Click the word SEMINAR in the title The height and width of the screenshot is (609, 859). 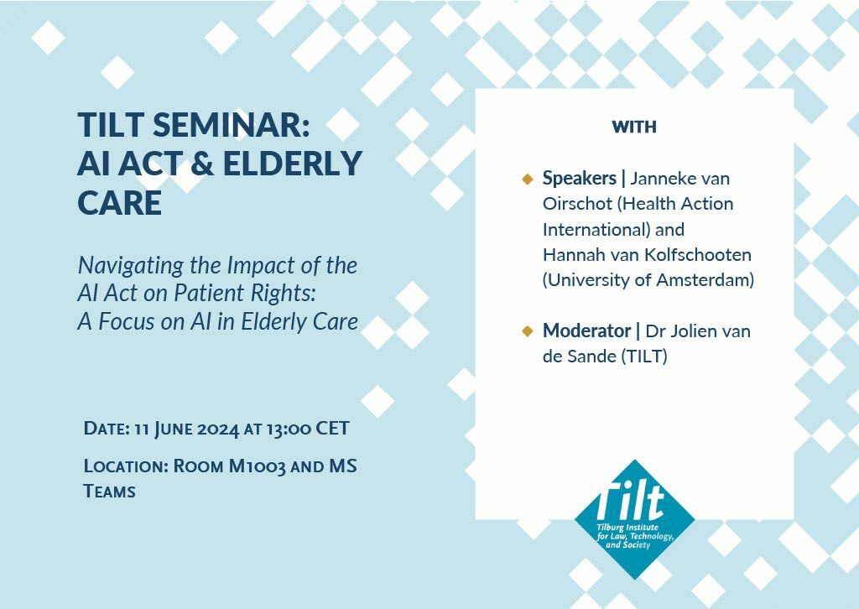232,125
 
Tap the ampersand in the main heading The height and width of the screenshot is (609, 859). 202,164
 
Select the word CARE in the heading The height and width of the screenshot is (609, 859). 119,203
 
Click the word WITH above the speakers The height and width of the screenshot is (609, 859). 634,127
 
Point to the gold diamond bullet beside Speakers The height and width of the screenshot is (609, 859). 528,179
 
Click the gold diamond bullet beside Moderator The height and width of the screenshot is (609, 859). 528,331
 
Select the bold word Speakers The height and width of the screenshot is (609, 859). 579,178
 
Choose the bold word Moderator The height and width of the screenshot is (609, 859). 586,331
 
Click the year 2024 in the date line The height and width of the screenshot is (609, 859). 218,429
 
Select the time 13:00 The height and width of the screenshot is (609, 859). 289,429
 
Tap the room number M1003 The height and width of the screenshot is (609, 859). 257,466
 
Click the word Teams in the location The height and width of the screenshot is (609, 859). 109,492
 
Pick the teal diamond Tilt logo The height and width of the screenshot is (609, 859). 634,519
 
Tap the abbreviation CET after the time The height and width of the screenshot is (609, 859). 332,429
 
